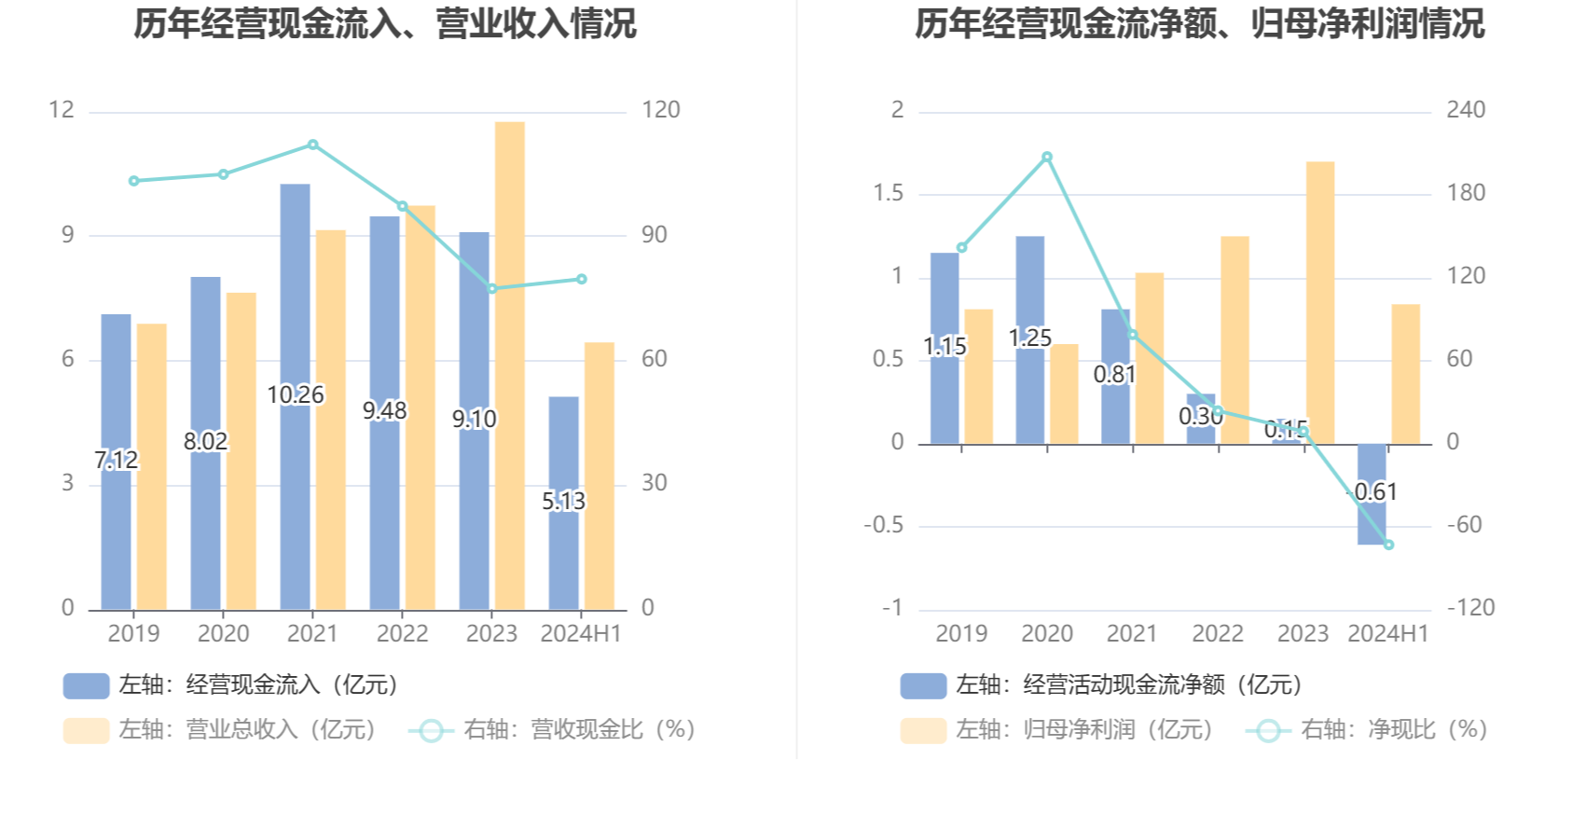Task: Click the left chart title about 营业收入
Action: point(384,24)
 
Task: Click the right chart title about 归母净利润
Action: point(1199,24)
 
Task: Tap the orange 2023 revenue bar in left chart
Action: point(510,364)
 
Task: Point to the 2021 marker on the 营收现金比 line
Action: point(313,145)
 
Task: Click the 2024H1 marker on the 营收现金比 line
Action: point(582,279)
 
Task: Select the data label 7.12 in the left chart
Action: point(116,460)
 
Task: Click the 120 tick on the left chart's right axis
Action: point(660,110)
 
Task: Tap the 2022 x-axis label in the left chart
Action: point(402,634)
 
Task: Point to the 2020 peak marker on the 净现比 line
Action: point(1047,158)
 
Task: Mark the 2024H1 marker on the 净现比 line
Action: point(1389,545)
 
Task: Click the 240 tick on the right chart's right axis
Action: point(1466,110)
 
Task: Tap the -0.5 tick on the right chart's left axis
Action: point(883,525)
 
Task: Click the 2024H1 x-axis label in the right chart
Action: point(1388,634)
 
